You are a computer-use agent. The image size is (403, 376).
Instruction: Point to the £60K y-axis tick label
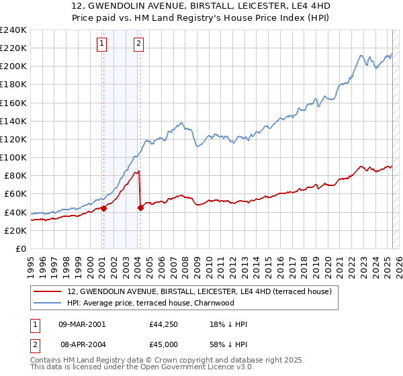point(15,194)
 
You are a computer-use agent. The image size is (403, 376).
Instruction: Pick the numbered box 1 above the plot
point(101,44)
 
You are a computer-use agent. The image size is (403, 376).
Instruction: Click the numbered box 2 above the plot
point(138,44)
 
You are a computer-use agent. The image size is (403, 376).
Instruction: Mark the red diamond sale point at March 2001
point(104,208)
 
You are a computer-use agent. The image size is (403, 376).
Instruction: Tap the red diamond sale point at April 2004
point(140,207)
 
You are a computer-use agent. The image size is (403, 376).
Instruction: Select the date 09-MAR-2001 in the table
point(82,324)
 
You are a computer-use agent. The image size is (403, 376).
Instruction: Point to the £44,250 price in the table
point(164,324)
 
